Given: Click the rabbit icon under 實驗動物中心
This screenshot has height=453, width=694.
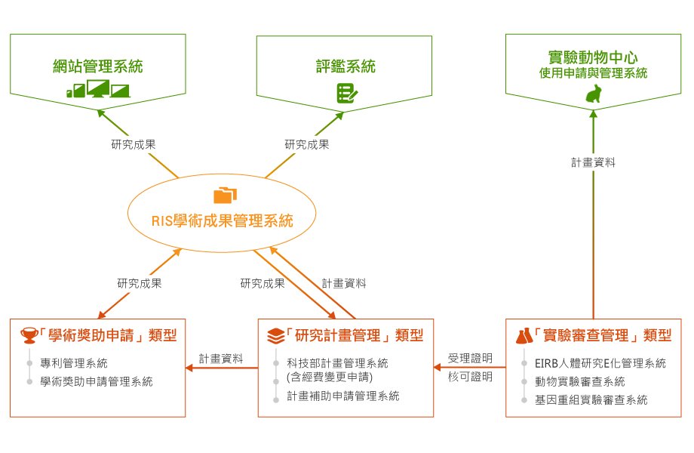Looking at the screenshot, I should coord(594,94).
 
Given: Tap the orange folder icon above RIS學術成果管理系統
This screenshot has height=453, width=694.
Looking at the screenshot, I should coord(225,196).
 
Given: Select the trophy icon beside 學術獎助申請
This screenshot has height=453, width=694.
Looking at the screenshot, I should coord(29,335).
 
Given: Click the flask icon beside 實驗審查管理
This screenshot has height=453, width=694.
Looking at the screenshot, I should coord(524,335).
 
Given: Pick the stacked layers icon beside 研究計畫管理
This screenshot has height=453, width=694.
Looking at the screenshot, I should coord(276,335).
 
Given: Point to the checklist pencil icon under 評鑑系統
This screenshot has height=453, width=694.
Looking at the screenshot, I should coord(346,93).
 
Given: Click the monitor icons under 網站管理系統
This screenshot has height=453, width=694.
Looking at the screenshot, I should coord(98,89).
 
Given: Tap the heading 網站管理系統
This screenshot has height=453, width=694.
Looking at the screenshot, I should coord(98,66).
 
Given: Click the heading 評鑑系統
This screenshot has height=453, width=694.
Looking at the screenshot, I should coord(345,66).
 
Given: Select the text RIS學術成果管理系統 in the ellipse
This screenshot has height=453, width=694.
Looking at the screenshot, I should coord(222,221).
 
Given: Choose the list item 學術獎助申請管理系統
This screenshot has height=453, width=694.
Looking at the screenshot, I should coord(97,381).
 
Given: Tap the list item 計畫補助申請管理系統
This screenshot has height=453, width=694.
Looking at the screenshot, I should coord(343,396).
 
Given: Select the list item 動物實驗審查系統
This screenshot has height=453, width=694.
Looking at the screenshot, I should coord(580,381).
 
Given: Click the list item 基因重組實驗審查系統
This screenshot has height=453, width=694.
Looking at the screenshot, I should coord(591,399).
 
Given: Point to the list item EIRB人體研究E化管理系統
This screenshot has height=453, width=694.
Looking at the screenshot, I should coord(600,363).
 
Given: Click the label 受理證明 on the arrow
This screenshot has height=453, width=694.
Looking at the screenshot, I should coord(470,358).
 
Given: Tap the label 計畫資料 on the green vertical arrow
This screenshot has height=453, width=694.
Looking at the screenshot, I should coord(594,162).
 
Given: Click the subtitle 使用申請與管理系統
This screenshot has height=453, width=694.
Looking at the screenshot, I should coord(593,74).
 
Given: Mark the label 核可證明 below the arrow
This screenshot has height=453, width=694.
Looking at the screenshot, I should coord(470,377).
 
